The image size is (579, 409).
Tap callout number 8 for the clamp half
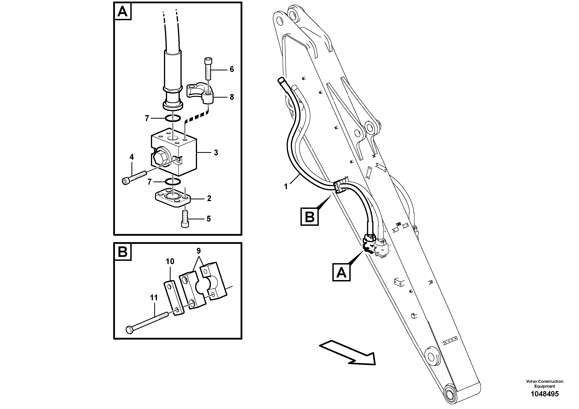231,97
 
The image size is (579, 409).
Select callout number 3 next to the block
216,152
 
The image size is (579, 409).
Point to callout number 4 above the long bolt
132,157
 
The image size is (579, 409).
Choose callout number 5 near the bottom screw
208,219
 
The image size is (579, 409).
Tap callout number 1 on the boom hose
286,187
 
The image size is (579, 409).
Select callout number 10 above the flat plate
170,262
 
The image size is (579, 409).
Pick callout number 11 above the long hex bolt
154,298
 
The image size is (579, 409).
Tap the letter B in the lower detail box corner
123,252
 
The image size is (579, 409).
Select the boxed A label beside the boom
341,272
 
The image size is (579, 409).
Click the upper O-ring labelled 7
173,118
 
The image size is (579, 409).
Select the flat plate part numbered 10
174,298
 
